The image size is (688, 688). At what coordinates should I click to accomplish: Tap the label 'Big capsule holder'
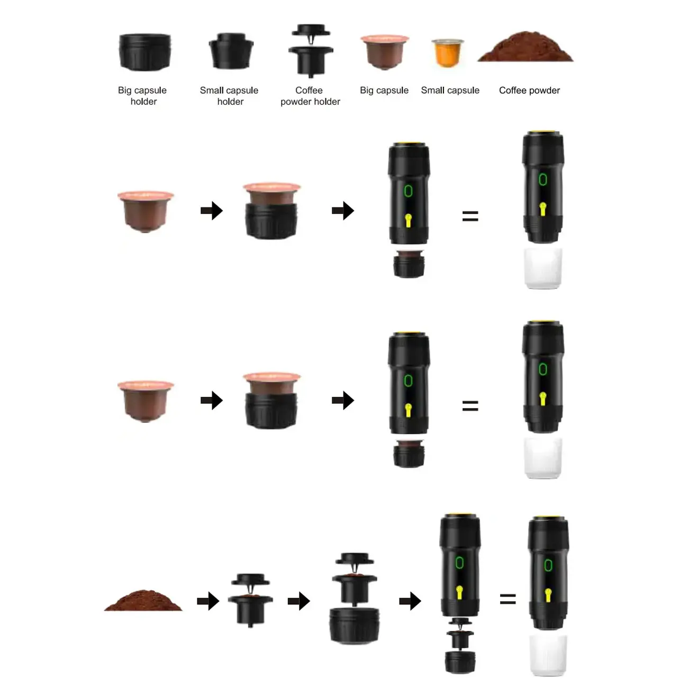coord(142,96)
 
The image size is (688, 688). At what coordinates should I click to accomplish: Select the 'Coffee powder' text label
coord(529,90)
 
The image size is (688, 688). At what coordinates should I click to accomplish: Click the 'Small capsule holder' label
coord(229,96)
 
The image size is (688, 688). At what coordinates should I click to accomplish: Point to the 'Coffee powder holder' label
coord(310,96)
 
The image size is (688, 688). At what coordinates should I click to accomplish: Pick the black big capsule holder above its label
coord(144,52)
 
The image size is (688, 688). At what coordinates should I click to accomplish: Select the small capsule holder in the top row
coord(231,51)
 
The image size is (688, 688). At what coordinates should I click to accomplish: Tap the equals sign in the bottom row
coord(508,599)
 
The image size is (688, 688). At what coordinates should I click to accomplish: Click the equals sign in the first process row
coord(470,216)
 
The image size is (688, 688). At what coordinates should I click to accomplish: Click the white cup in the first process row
coord(542,268)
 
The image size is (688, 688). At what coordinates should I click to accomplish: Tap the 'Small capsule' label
coord(450,90)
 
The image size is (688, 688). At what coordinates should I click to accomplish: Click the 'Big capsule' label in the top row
coord(384,90)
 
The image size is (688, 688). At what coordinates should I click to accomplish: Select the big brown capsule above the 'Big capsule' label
coord(385,52)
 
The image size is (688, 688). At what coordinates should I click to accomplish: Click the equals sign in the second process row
coord(470,406)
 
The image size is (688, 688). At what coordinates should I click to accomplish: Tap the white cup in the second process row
coord(542,458)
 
